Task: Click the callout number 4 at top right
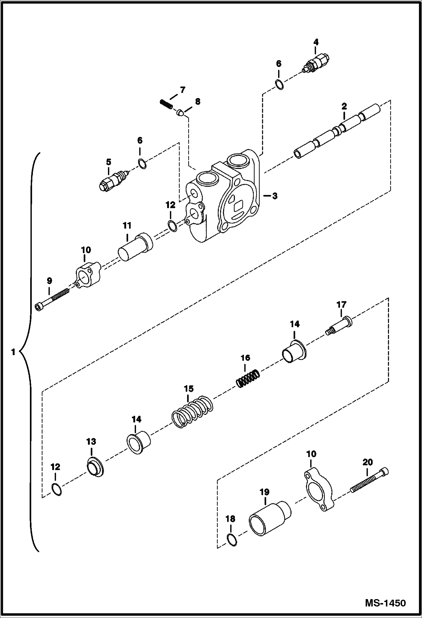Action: coord(316,43)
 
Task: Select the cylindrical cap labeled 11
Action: coord(135,247)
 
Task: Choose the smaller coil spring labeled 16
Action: coord(248,379)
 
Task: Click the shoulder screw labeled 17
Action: coord(340,325)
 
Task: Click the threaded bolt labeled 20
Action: coord(369,482)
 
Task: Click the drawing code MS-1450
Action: coord(385,603)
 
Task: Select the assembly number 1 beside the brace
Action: coord(13,352)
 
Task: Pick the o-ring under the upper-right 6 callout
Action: coord(279,85)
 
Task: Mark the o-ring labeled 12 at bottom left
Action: coord(57,490)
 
